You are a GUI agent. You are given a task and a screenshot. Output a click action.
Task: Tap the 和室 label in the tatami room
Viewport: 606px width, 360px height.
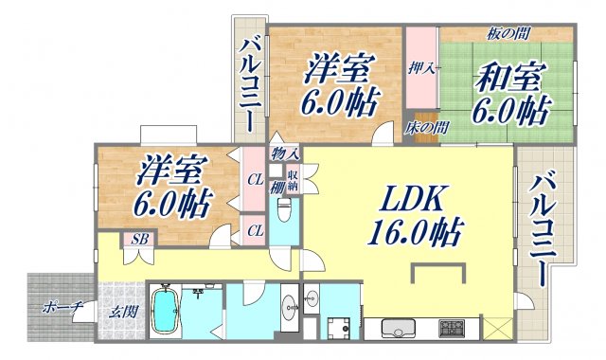pos(512,95)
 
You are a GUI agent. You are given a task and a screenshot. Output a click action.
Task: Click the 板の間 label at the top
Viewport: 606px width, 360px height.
pos(509,34)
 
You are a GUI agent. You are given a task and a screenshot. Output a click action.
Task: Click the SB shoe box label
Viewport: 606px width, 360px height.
pos(139,238)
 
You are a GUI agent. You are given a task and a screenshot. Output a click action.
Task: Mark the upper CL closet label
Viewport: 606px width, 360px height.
pos(255,177)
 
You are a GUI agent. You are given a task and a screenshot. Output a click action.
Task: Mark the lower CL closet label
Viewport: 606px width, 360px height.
pos(255,228)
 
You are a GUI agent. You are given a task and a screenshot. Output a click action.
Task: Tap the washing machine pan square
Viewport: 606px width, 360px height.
pos(339,327)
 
